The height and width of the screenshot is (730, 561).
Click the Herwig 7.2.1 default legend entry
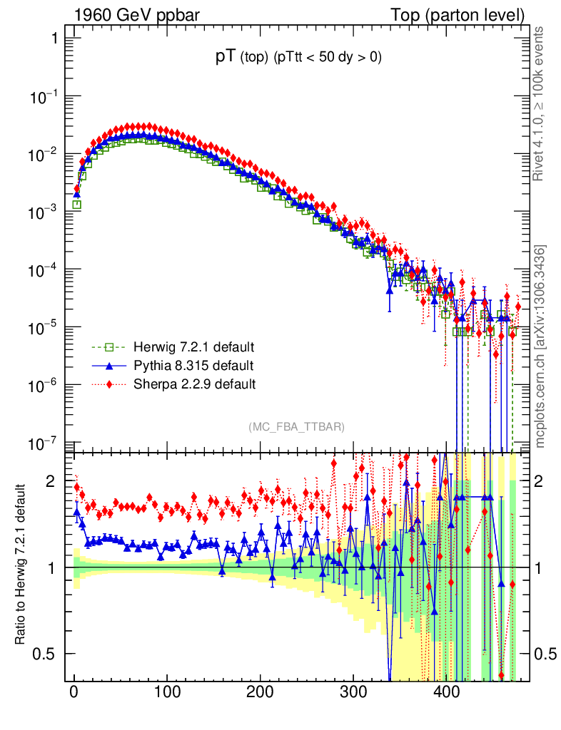[x=193, y=348]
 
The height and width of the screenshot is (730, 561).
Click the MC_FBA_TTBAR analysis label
[x=296, y=427]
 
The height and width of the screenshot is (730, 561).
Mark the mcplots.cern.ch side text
[x=540, y=346]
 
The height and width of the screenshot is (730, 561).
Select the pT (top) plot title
[x=298, y=58]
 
